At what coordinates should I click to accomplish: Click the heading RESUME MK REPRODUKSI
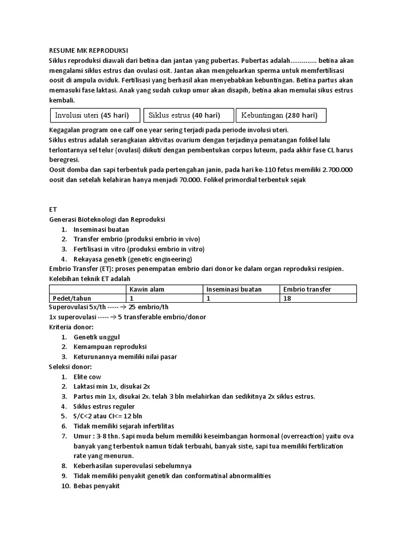[x=88, y=50]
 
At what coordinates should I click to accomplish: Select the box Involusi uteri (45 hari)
[x=96, y=115]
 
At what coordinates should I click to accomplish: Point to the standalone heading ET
[x=53, y=209]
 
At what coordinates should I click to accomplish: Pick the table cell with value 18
[x=287, y=298]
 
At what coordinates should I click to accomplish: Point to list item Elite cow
[x=87, y=377]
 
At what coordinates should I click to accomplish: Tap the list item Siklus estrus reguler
[x=104, y=406]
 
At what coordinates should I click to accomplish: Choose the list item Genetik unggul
[x=97, y=337]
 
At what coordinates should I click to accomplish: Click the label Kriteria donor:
[x=71, y=327]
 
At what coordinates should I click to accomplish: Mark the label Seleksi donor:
[x=70, y=367]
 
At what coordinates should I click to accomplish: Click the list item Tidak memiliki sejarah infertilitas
[x=124, y=426]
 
